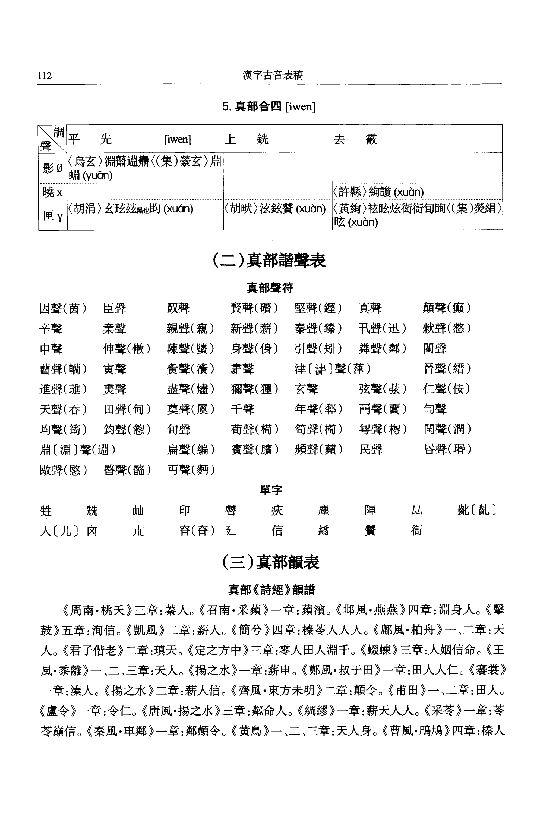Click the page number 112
pos(45,75)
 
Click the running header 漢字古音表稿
pos(273,75)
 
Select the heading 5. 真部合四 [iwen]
pos(269,106)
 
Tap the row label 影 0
pos(53,168)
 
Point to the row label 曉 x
pos(53,192)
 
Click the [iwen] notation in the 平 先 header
pos(177,139)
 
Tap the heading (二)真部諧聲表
pos(269,261)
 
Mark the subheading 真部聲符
pos(270,288)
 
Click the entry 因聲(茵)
pos(63,308)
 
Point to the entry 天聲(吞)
pos(63,409)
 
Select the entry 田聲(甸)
pos(127,409)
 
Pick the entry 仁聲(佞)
pos(447,389)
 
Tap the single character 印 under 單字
pos(185,510)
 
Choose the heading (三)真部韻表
pos(270,562)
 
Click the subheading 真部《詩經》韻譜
pos(271,590)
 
